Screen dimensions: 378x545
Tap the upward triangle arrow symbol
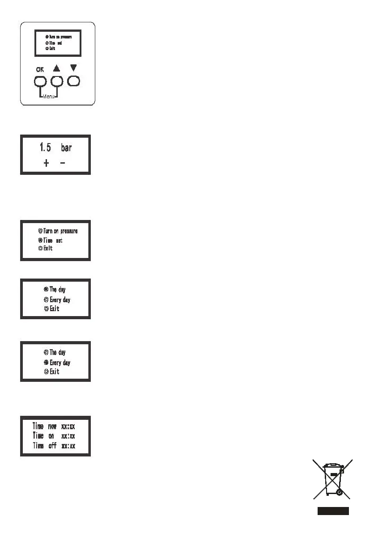57,69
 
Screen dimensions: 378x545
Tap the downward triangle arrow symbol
74,68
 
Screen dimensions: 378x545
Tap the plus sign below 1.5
46,164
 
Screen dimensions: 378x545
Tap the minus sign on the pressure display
62,164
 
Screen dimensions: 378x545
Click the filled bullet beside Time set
40,240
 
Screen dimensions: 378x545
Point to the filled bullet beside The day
46,289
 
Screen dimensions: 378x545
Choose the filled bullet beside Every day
46,363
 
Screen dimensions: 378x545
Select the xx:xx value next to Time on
68,435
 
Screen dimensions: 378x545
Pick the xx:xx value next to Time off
68,445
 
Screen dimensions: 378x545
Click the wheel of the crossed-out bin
339,492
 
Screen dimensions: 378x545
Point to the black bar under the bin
333,511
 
